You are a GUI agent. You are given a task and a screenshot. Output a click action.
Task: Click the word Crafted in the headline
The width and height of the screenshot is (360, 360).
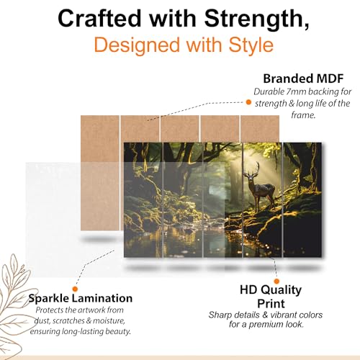(99, 19)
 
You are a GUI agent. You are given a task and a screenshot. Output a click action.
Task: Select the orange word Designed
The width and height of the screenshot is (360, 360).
(137, 45)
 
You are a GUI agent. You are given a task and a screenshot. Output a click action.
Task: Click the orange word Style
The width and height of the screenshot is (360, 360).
(251, 45)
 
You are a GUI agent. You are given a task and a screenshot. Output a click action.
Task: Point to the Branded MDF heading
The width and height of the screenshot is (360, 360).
(303, 78)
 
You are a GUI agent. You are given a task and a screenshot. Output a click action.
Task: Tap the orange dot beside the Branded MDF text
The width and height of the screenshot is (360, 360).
(248, 102)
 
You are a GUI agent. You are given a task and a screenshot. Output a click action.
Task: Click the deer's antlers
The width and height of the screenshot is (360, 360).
(252, 168)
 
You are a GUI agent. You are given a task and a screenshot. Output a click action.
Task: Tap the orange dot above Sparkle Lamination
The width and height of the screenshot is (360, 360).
(75, 289)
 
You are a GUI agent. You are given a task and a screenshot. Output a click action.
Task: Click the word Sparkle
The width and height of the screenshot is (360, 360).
(49, 298)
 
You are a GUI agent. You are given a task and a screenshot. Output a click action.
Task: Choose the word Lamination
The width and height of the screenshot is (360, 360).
(102, 298)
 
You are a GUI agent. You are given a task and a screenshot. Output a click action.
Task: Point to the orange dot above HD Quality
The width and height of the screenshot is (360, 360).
(276, 281)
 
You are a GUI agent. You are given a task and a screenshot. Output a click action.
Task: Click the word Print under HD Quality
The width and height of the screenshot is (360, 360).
(271, 304)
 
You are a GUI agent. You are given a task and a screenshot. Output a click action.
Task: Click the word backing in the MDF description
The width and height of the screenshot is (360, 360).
(321, 92)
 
